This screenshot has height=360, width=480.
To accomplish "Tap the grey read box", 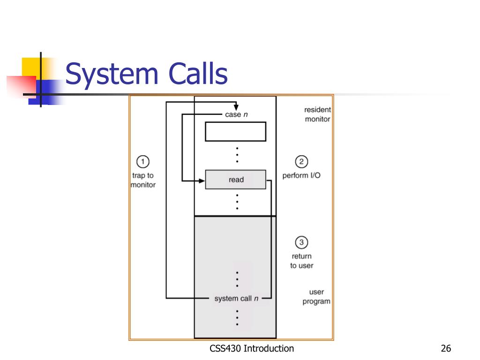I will click(x=236, y=180).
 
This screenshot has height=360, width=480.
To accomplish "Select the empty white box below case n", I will click(x=235, y=131).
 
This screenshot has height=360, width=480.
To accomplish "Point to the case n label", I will click(x=236, y=115).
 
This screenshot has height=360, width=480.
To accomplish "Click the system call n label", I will click(x=236, y=299).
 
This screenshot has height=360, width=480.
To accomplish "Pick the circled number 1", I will click(x=142, y=162).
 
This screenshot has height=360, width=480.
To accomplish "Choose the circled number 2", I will click(x=301, y=162).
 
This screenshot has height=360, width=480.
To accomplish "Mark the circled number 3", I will click(x=301, y=243).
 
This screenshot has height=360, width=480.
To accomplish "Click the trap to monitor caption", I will click(x=142, y=180).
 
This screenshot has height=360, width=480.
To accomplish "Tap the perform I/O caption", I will click(x=301, y=176).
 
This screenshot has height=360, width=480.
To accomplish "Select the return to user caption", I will click(x=301, y=261).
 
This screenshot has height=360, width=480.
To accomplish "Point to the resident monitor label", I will click(x=317, y=114).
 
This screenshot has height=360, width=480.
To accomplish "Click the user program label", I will click(x=316, y=297).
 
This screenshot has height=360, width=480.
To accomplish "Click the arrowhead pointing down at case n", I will click(x=236, y=107).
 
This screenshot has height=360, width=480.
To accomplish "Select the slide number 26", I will click(x=446, y=348).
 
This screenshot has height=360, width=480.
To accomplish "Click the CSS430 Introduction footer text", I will click(x=252, y=348).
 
